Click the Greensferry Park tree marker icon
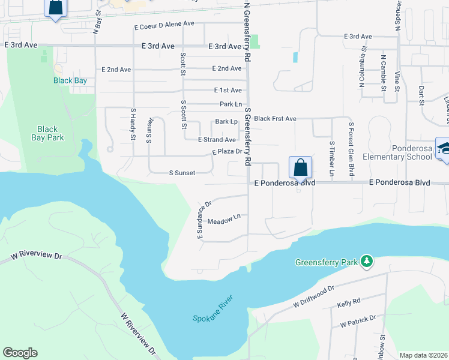coord(366,262)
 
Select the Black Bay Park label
coord(47,133)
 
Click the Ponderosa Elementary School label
coord(402,152)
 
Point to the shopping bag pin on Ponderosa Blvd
coord(300,168)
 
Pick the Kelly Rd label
coord(348,301)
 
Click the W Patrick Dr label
coord(358,321)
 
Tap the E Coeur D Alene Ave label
coord(164,24)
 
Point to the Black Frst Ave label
coord(275,119)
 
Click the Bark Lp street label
coord(226,122)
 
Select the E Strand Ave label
coord(217,139)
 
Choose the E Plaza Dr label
coord(226,152)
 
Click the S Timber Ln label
coord(331,159)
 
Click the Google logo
coord(20,353)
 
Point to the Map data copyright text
coord(423,355)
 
